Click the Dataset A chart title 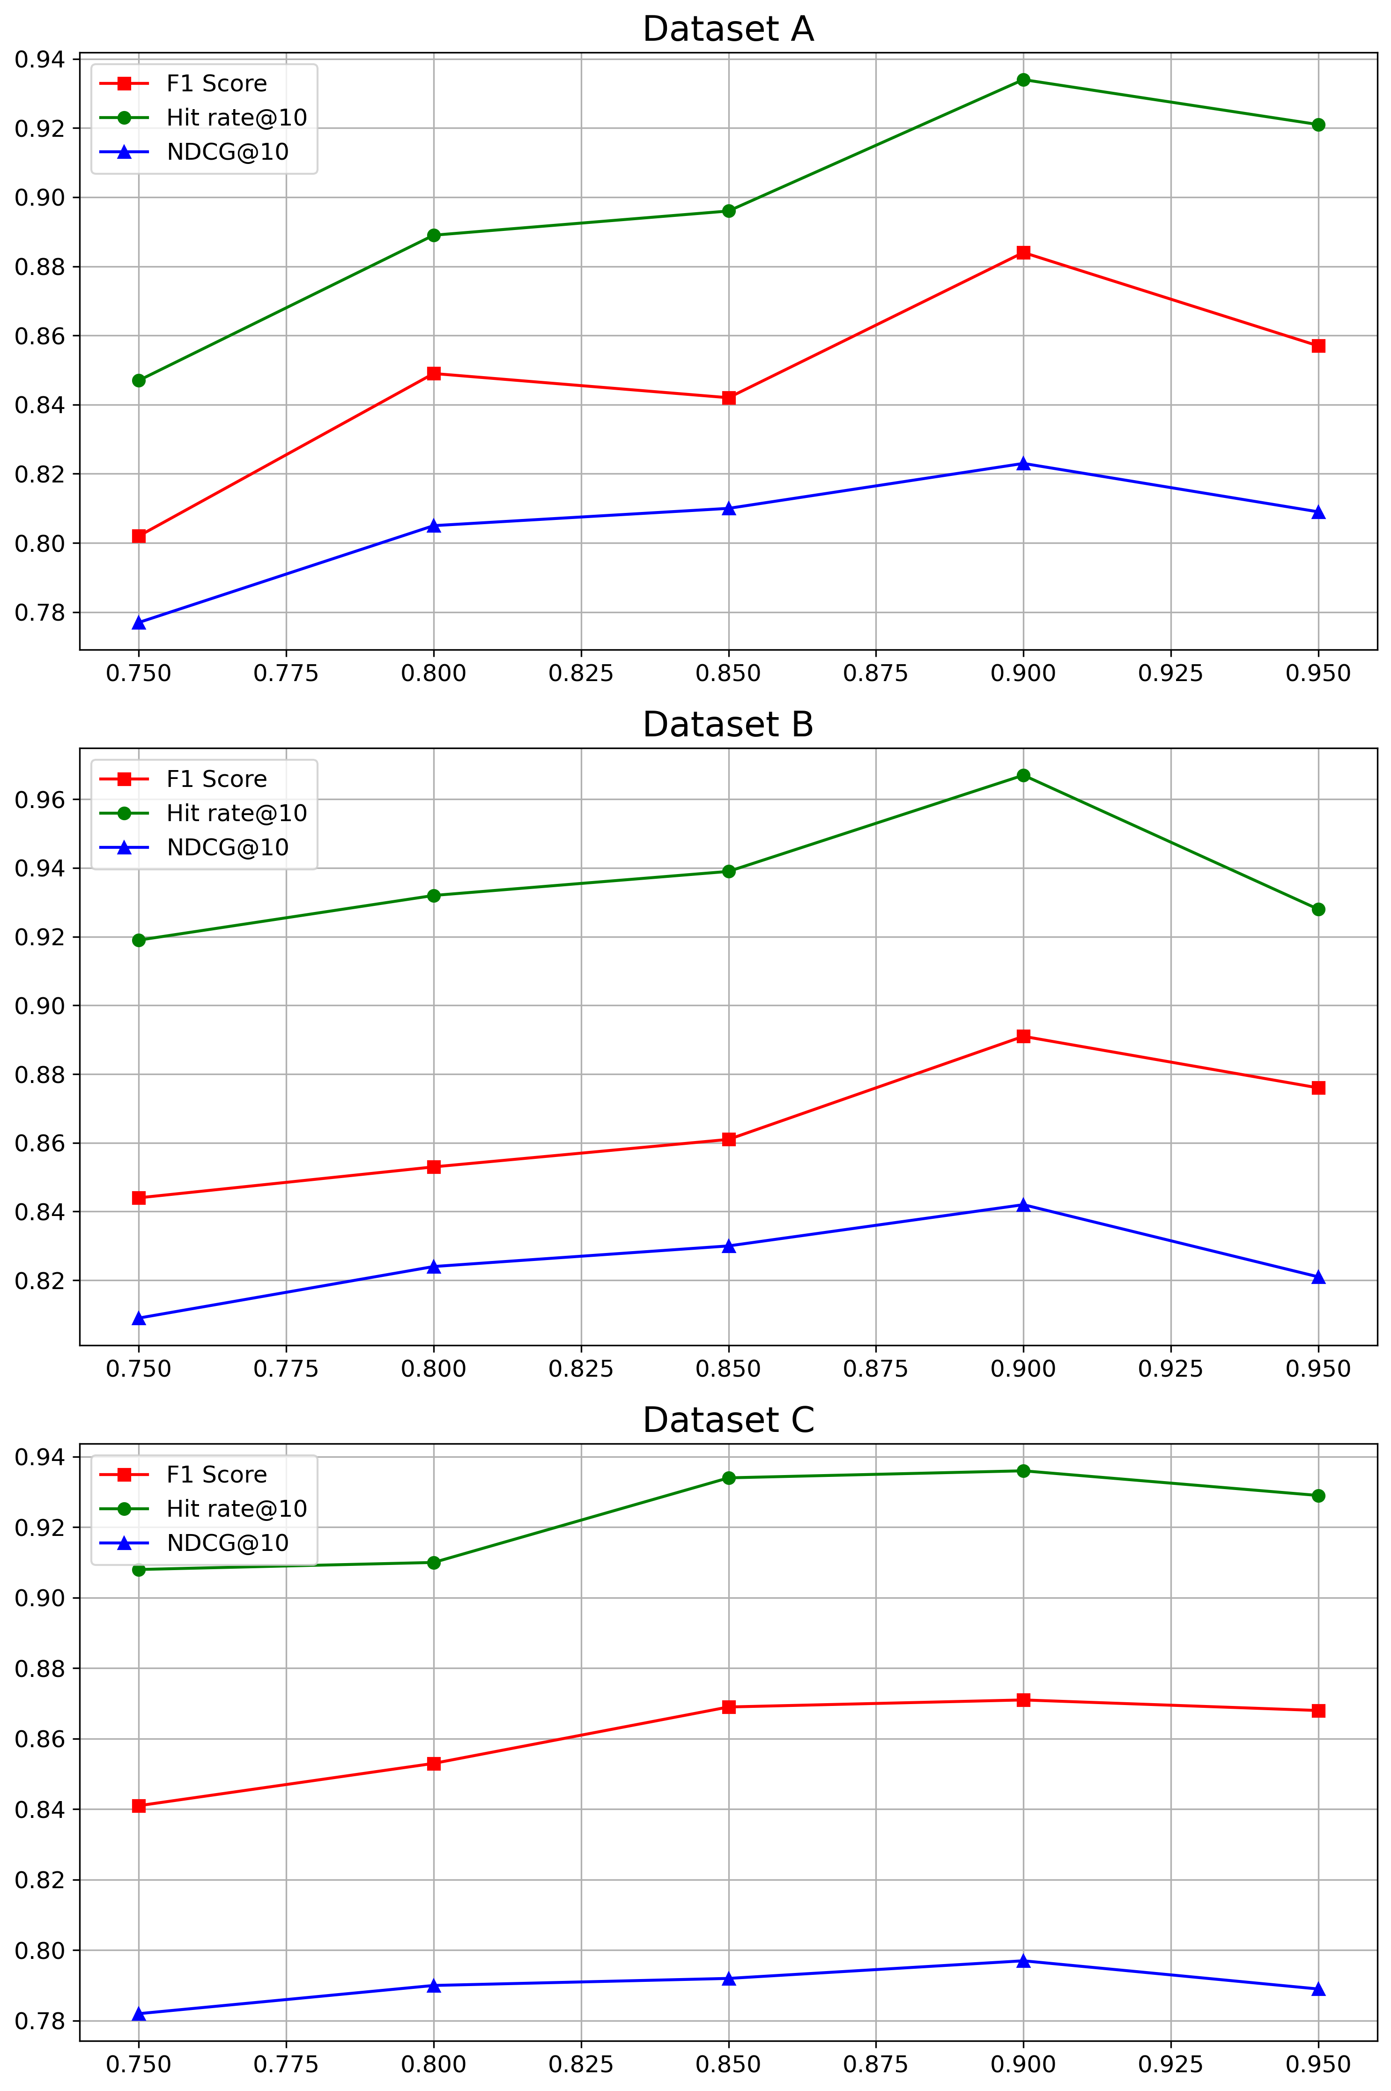(727, 29)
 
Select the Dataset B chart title (727, 725)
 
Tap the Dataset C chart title (727, 1420)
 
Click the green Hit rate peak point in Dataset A (1023, 80)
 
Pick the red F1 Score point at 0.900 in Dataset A (1023, 253)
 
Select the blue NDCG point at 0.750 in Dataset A (138, 623)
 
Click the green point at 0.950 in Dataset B (1318, 909)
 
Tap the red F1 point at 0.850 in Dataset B (728, 1139)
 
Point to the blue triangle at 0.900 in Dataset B (1023, 1205)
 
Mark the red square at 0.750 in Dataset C (138, 1805)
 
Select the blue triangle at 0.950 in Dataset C (1318, 1989)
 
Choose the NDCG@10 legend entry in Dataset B (227, 847)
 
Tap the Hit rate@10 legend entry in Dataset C (236, 1509)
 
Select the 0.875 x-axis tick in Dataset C (876, 2064)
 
